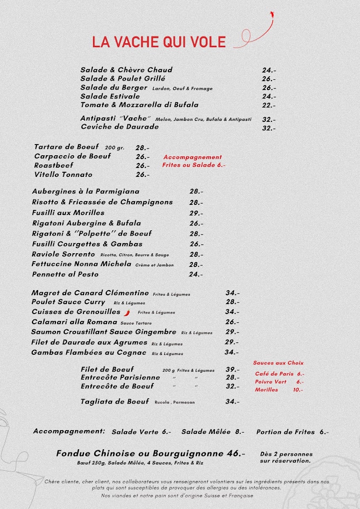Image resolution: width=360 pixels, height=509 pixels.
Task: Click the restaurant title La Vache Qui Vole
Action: [x=159, y=42]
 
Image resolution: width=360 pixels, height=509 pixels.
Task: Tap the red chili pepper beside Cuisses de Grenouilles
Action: [x=127, y=313]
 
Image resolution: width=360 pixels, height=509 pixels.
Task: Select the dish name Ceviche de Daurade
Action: [x=120, y=127]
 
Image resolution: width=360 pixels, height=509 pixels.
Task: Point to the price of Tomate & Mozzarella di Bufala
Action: [x=269, y=106]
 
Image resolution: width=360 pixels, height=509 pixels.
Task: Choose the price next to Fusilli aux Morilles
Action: [x=196, y=213]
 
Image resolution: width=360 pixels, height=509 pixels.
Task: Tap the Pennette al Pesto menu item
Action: [x=65, y=274]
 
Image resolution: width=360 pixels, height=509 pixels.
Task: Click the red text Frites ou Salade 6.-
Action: [x=194, y=165]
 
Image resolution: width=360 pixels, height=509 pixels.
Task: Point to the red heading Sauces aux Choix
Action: [x=278, y=363]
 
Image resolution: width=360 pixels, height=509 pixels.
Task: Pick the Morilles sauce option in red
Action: [x=267, y=390]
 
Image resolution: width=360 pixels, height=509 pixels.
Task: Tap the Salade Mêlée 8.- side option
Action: [x=213, y=432]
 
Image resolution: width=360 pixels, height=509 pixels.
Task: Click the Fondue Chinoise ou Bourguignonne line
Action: [x=151, y=453]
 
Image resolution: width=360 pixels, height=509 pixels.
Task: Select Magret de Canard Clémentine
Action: [x=90, y=293]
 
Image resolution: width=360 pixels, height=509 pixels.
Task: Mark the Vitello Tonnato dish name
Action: [x=63, y=175]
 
